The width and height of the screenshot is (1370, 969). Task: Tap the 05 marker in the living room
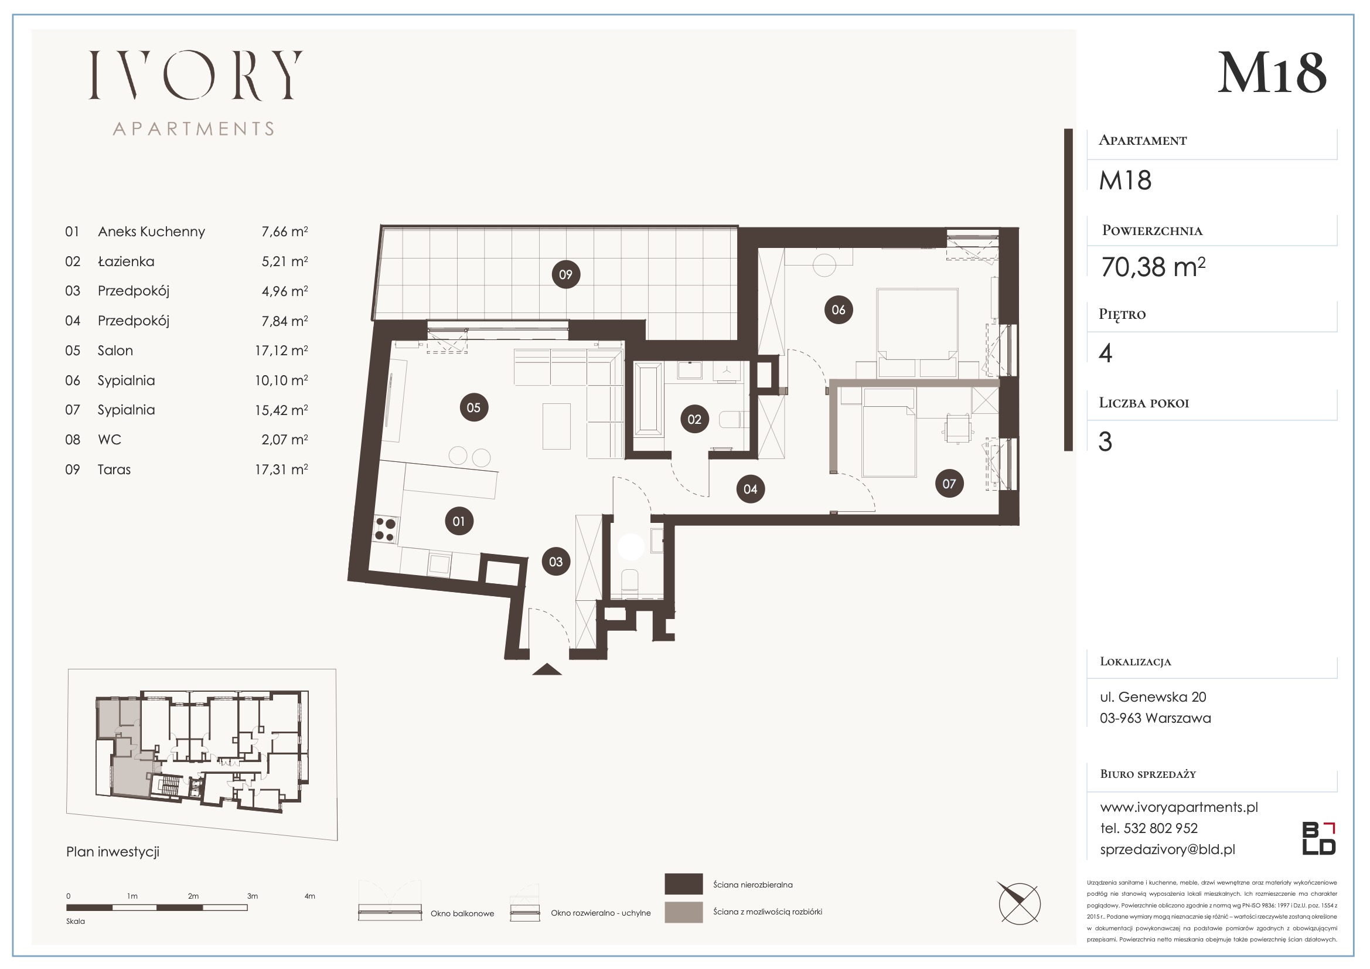click(x=474, y=407)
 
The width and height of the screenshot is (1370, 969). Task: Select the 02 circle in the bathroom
click(x=694, y=419)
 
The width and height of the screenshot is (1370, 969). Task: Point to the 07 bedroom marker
click(x=949, y=484)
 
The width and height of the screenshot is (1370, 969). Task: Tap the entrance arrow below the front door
click(x=547, y=669)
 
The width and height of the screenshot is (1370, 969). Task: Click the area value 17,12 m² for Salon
click(x=282, y=351)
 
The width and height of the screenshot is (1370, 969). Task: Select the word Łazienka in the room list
click(x=126, y=261)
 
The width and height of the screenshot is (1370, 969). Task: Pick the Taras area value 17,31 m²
click(x=282, y=470)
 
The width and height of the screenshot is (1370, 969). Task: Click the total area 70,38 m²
click(x=1153, y=267)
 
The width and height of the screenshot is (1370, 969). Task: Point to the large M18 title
click(x=1272, y=73)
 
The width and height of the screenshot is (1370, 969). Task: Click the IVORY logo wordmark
click(x=196, y=75)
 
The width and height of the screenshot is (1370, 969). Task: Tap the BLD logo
click(x=1318, y=838)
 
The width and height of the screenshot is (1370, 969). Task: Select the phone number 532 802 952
click(x=1161, y=828)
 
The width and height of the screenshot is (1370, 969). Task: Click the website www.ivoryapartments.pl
click(x=1179, y=807)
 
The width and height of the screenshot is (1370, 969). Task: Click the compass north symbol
click(x=1020, y=903)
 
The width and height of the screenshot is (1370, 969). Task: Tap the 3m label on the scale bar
click(x=253, y=896)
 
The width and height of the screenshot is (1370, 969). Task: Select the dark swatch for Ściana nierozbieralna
click(x=683, y=884)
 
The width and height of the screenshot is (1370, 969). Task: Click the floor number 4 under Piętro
click(x=1106, y=353)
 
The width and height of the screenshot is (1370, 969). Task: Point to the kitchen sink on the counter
click(x=439, y=564)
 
